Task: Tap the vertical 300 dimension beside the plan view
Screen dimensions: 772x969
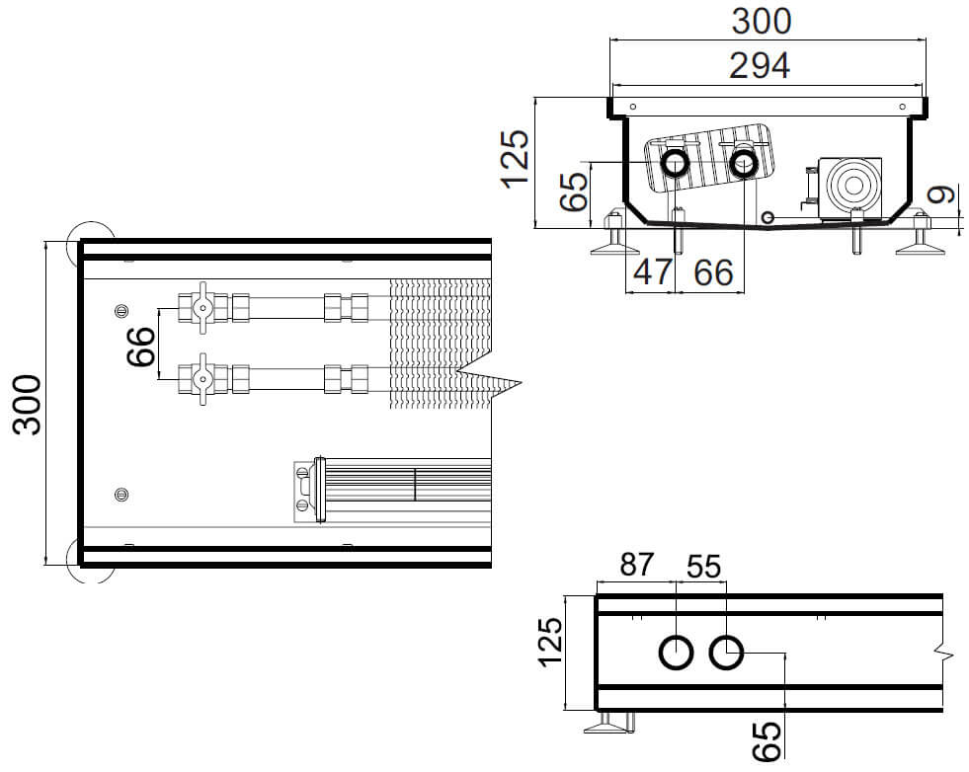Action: pos(28,404)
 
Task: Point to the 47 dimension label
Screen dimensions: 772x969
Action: pos(652,271)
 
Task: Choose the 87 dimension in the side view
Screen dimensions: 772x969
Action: pos(636,566)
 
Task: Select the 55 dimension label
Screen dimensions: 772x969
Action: pos(703,566)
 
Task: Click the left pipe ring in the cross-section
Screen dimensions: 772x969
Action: pos(676,162)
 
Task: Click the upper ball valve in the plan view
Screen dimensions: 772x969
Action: pos(202,308)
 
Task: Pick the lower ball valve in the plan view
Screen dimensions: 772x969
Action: pos(202,378)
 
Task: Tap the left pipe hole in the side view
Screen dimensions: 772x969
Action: pos(677,653)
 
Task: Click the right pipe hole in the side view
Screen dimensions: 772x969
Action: pos(727,653)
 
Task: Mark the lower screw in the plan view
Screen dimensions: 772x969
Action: pos(121,493)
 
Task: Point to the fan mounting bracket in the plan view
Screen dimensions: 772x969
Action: pos(305,490)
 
